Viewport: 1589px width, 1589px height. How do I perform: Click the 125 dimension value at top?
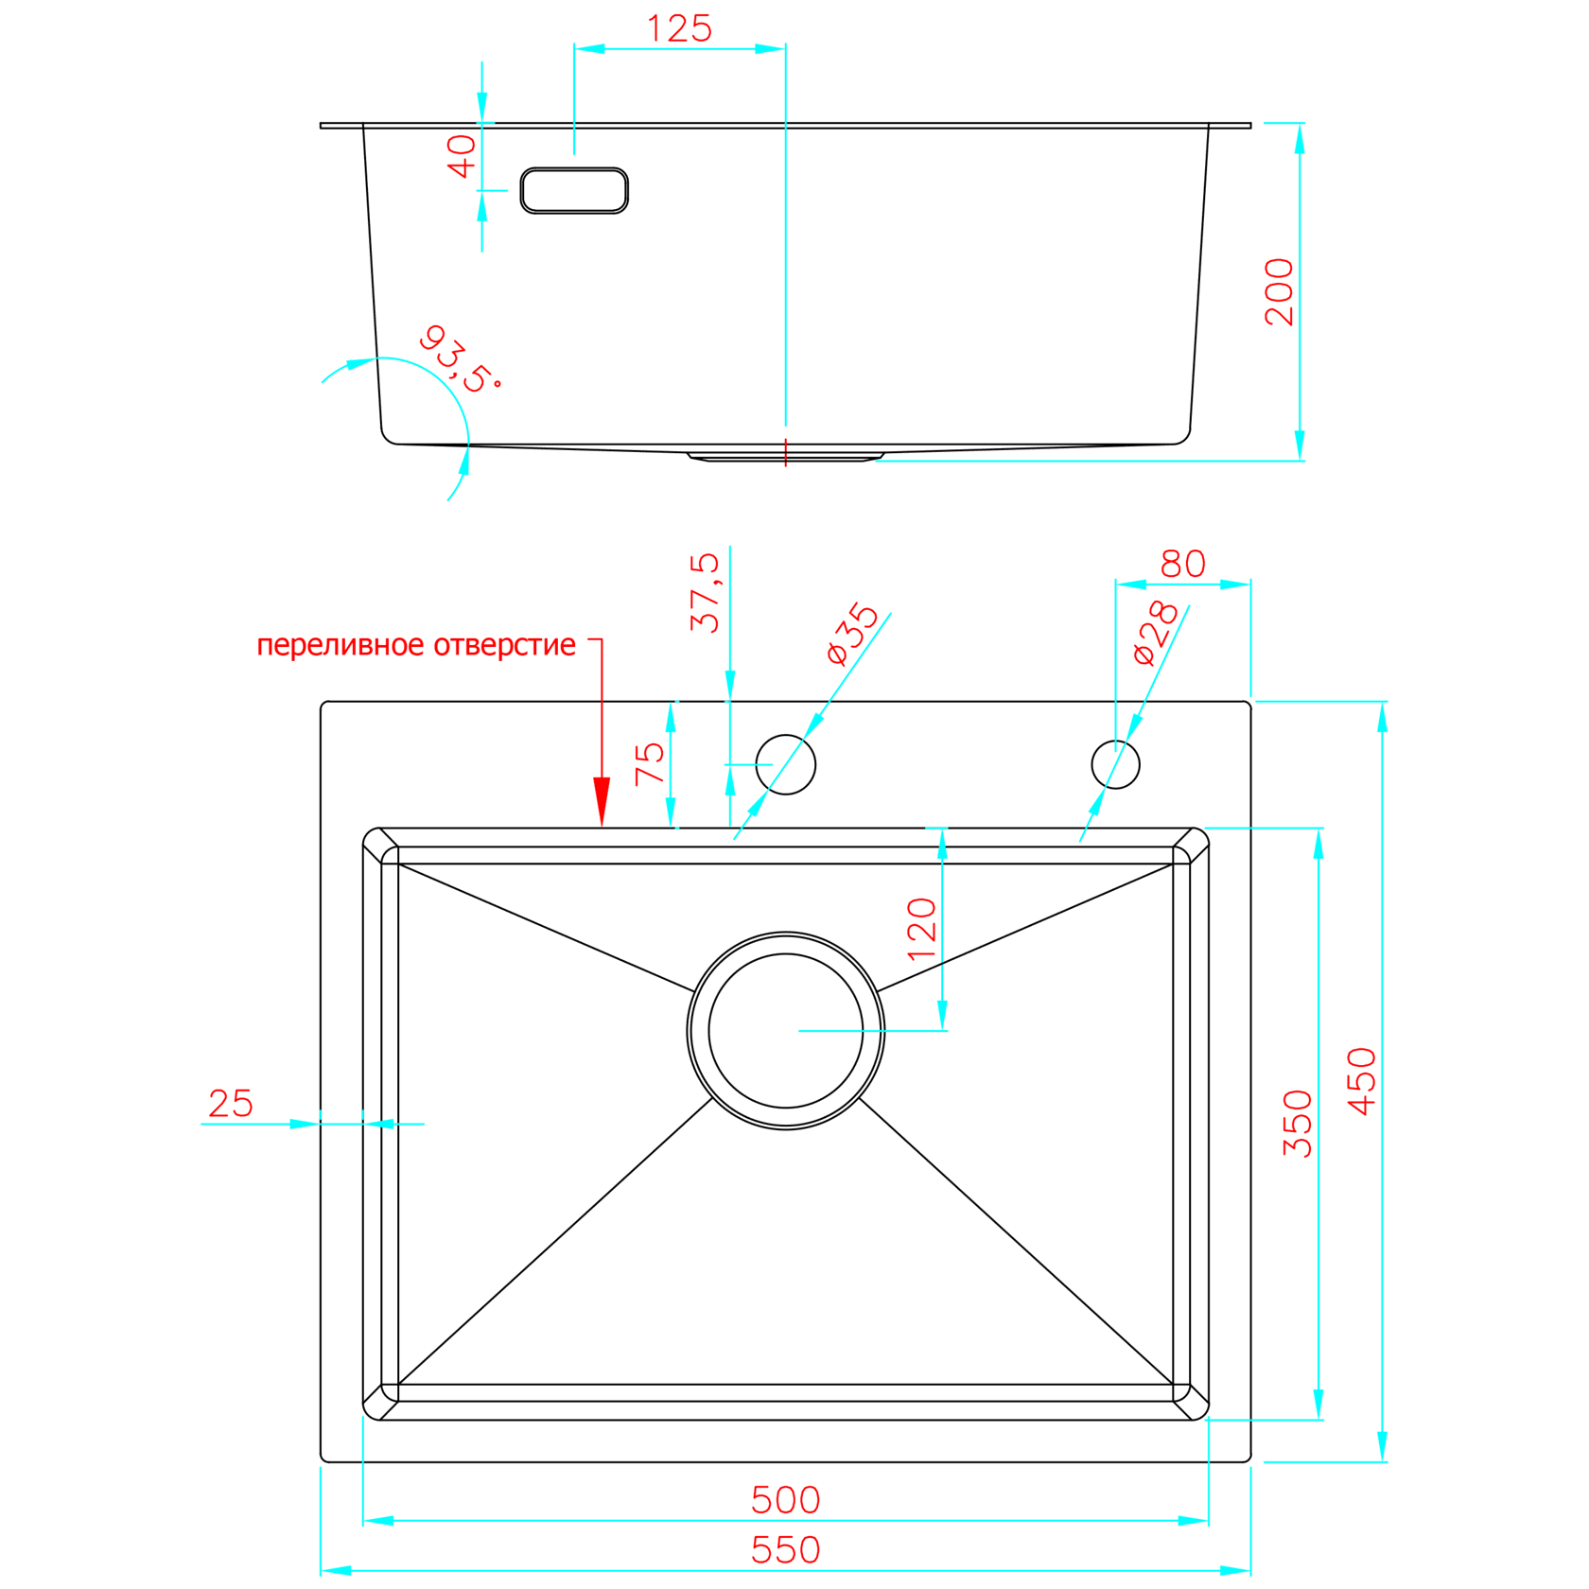point(678,28)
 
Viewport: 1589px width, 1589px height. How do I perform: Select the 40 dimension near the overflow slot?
point(462,156)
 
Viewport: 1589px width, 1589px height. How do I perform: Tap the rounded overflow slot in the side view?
point(574,191)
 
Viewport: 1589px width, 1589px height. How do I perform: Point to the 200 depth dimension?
point(1279,291)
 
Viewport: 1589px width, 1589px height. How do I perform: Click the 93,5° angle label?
point(459,359)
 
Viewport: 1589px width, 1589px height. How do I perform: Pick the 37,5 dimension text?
point(705,593)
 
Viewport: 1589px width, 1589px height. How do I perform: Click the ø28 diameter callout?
point(1156,633)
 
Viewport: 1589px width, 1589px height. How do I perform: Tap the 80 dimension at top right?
point(1182,565)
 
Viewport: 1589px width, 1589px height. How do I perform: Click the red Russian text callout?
point(416,645)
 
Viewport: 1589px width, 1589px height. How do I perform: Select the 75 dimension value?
point(650,764)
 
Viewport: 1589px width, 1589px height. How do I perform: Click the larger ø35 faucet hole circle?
point(785,764)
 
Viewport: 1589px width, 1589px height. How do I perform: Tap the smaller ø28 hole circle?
point(1115,764)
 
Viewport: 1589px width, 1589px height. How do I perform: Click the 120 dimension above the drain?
point(921,929)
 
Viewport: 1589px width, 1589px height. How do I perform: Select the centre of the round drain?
point(785,1030)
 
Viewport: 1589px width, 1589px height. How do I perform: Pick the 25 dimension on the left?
point(231,1104)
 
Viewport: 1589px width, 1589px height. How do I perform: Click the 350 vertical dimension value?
point(1297,1124)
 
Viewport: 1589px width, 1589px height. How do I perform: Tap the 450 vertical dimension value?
point(1361,1081)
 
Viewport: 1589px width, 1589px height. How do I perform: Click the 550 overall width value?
point(785,1550)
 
